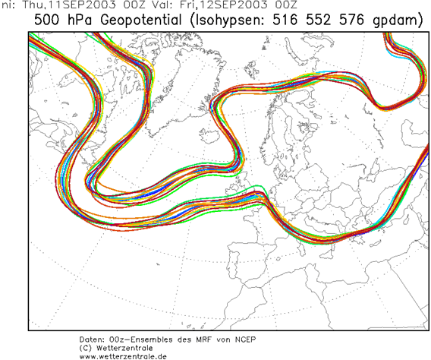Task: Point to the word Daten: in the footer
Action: [x=94, y=339]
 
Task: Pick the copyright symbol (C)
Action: [x=86, y=348]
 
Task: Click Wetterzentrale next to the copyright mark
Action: [x=126, y=348]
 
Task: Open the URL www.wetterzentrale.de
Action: [x=122, y=355]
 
